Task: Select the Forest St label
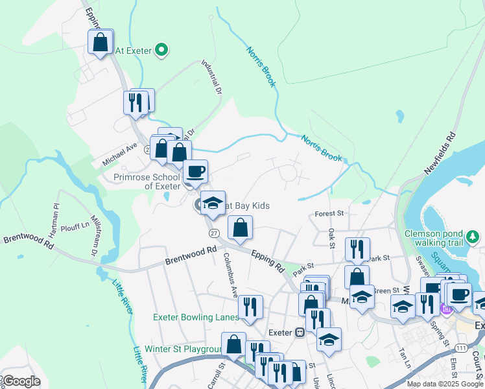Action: pos(329,213)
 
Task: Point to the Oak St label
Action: pos(331,237)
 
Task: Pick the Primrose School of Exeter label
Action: pos(147,181)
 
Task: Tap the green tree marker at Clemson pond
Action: pos(475,239)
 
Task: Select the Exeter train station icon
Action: pos(300,333)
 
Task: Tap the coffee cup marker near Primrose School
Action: pos(195,172)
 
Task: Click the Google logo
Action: pos(21,381)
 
